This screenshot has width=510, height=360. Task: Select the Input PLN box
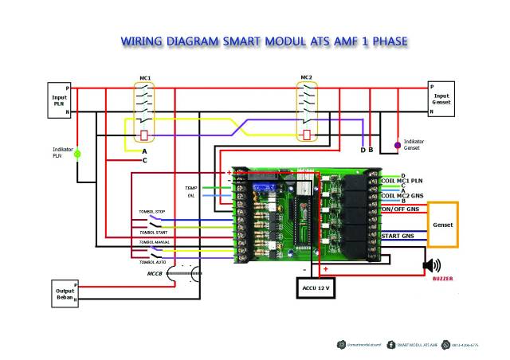pos(59,100)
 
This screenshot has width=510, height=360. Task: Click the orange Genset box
pos(443,225)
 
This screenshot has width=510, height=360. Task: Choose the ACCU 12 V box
pos(316,286)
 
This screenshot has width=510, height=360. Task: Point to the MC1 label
pos(146,78)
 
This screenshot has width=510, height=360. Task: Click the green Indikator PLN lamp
pos(77,155)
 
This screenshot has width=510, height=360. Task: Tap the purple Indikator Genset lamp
pos(398,146)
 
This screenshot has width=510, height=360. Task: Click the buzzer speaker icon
pos(432,266)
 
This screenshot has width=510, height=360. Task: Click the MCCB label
pos(156,273)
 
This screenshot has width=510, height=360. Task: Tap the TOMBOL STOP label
pos(152,212)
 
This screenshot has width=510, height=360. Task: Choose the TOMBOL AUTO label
pos(152,261)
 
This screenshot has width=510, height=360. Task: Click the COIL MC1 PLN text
pos(403,181)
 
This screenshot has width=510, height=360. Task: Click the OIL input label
pos(191,194)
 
